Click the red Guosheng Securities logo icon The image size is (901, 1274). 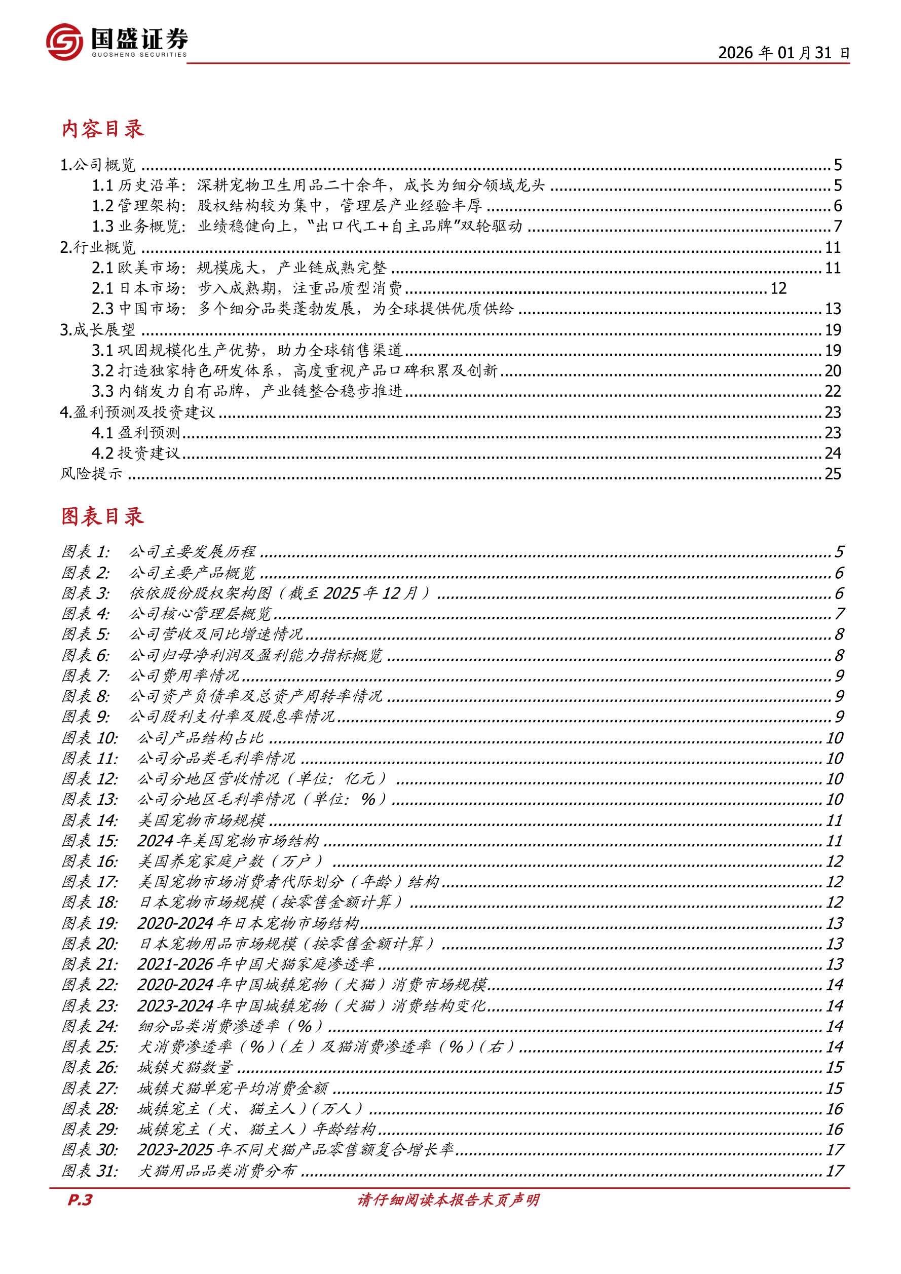point(65,42)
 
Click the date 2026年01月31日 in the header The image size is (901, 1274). point(783,53)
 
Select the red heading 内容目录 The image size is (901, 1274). point(103,129)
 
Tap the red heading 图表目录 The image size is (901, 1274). point(103,516)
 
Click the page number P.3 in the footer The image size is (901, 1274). point(80,1200)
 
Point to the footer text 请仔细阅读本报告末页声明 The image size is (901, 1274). point(448,1200)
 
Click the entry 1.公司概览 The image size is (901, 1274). point(98,165)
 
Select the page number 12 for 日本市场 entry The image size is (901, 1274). point(778,288)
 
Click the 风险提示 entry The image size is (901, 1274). point(91,473)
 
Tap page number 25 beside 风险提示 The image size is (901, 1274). point(833,473)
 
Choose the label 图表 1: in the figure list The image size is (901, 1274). point(86,551)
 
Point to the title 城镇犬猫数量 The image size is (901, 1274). point(185,1067)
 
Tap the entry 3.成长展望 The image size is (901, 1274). point(98,329)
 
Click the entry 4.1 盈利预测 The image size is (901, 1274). point(136,432)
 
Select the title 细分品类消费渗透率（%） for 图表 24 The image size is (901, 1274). point(230,1026)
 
